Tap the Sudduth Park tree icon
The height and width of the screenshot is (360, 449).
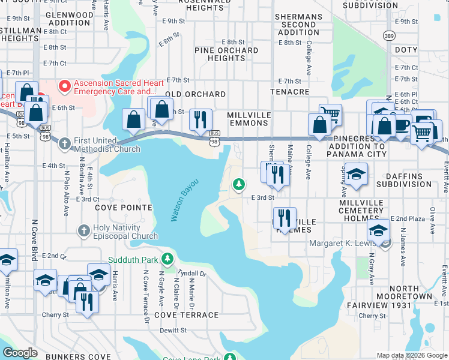pyautogui.click(x=168, y=260)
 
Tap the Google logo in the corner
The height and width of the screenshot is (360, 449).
pyautogui.click(x=20, y=353)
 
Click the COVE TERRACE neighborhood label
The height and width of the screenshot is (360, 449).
pyautogui.click(x=187, y=315)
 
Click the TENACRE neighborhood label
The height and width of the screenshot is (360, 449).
pyautogui.click(x=289, y=92)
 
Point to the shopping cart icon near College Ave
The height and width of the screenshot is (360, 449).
pyautogui.click(x=330, y=113)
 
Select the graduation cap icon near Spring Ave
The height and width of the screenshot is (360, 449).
pyautogui.click(x=356, y=174)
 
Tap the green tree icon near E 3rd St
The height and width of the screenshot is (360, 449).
pyautogui.click(x=239, y=183)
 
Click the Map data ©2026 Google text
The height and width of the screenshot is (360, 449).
pyautogui.click(x=412, y=355)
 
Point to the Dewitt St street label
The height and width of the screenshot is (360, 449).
pyautogui.click(x=173, y=330)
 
